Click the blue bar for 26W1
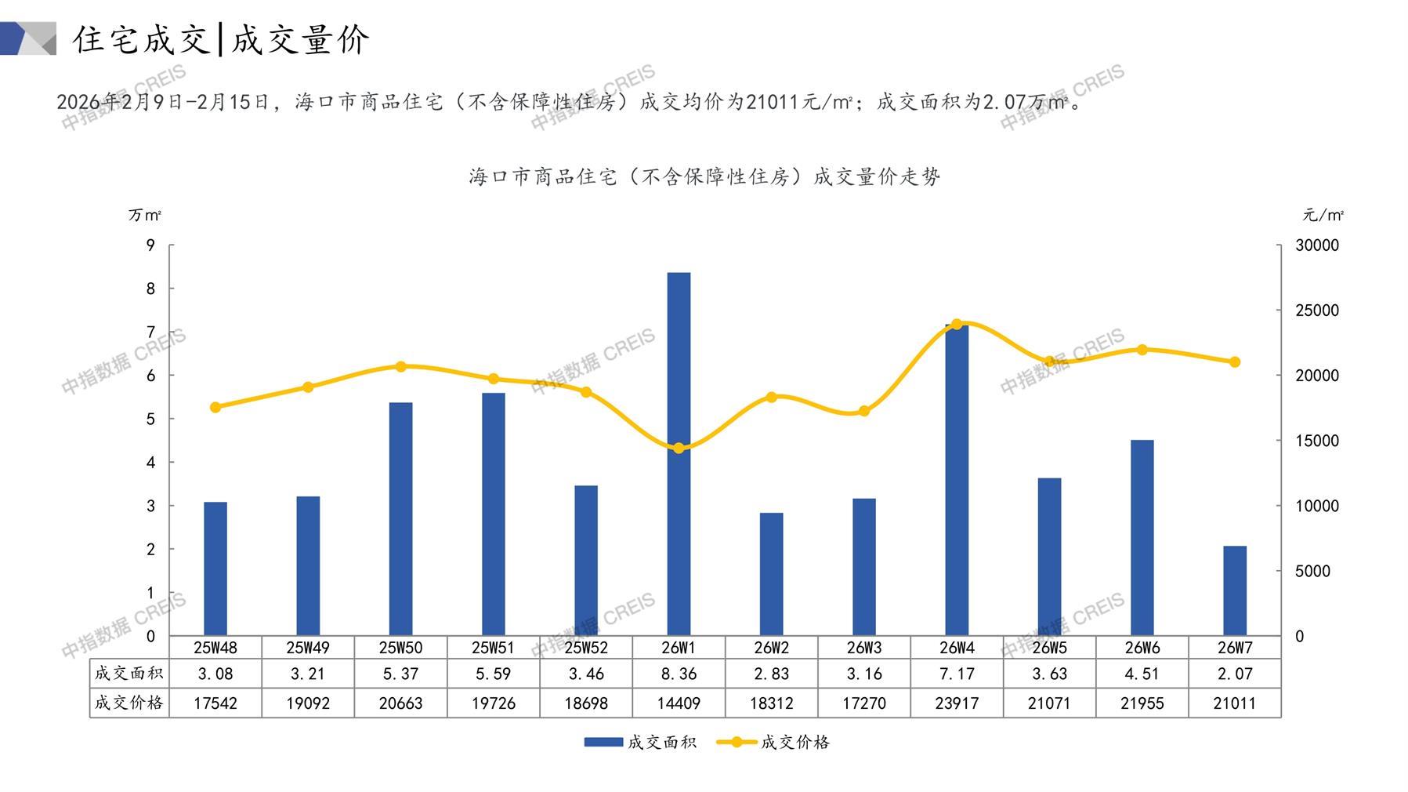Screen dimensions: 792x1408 click(x=679, y=455)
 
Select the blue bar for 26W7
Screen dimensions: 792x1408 click(x=1234, y=591)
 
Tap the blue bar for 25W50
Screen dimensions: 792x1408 click(x=400, y=519)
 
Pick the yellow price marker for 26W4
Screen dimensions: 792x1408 click(x=957, y=324)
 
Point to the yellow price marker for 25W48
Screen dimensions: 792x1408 click(x=215, y=407)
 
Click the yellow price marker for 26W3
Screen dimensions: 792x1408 click(x=864, y=411)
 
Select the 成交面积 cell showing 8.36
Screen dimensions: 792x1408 click(x=679, y=674)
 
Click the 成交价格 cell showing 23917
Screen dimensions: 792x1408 click(x=957, y=703)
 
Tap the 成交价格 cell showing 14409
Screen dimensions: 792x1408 click(x=679, y=703)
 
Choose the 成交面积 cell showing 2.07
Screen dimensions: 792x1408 click(x=1234, y=674)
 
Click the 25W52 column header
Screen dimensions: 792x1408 click(x=586, y=648)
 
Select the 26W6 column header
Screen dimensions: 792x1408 click(x=1142, y=648)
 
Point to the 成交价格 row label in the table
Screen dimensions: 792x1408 click(x=129, y=703)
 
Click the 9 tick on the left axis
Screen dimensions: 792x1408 click(x=150, y=245)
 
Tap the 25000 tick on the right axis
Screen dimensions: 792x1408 click(x=1317, y=311)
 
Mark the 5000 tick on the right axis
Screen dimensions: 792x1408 click(x=1312, y=572)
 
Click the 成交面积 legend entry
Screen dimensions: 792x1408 click(x=641, y=742)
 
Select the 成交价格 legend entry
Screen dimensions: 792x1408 click(x=774, y=742)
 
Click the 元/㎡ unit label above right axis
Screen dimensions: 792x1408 click(x=1323, y=215)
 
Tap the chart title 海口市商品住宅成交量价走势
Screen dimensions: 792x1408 click(x=704, y=177)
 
